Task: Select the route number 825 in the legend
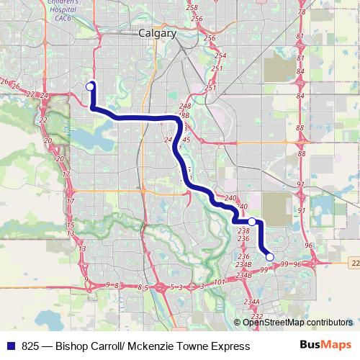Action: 30,346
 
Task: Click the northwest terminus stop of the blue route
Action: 91,86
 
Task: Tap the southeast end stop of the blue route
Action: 269,256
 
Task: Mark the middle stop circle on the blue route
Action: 252,222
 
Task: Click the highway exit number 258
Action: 192,7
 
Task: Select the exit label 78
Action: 301,12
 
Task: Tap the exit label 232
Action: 257,317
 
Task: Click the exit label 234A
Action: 251,302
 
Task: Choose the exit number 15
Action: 70,225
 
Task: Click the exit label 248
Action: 184,107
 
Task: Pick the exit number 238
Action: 243,230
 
